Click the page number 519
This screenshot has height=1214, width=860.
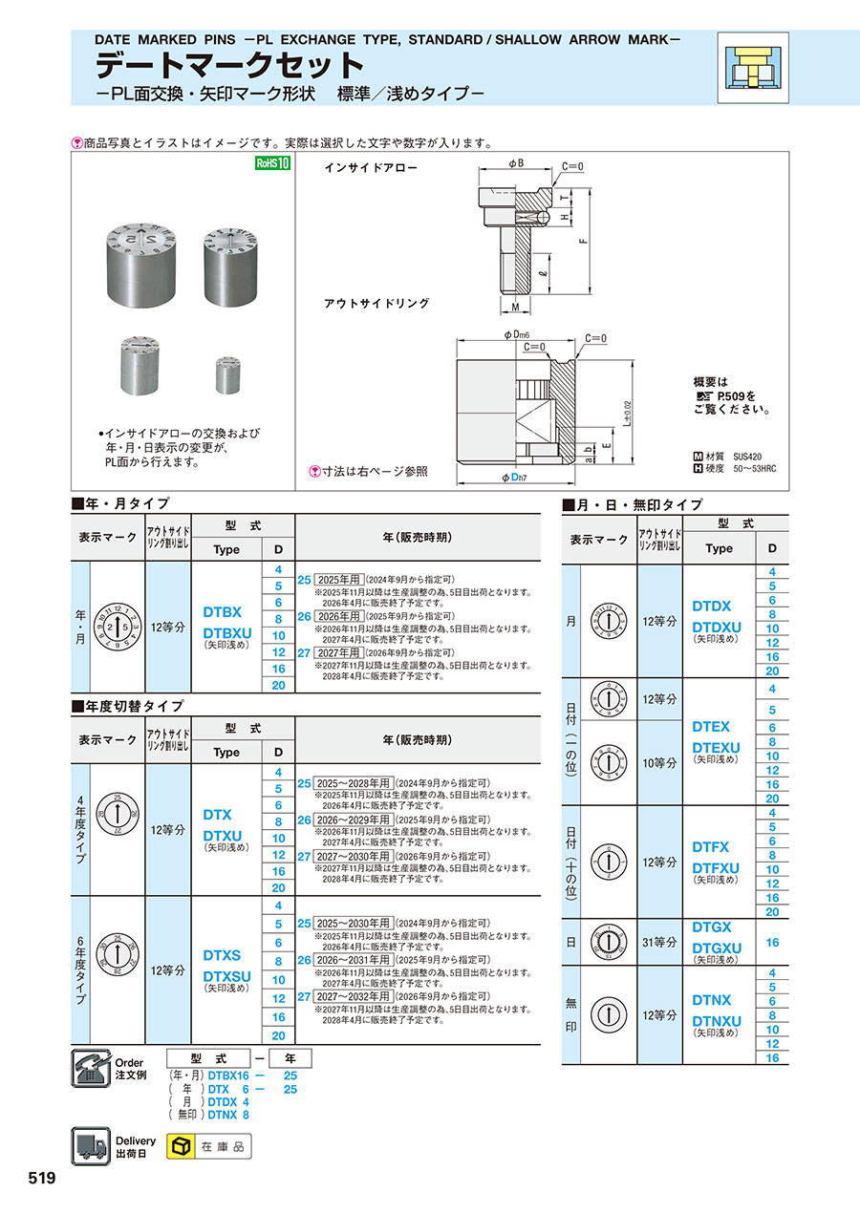click(42, 1179)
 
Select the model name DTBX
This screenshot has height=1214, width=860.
click(223, 612)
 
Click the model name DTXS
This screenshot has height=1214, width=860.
click(223, 955)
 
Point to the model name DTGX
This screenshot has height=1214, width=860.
click(712, 926)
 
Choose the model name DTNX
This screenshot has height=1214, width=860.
click(712, 1000)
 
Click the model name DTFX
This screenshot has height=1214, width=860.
click(712, 847)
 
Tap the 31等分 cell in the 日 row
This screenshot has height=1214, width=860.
click(659, 942)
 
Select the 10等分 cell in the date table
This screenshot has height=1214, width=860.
click(659, 763)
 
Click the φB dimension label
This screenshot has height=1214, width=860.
click(515, 163)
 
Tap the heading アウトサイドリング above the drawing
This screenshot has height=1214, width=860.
click(376, 304)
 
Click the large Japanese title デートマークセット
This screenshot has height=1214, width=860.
click(229, 65)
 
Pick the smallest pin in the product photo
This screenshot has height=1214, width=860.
click(226, 373)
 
